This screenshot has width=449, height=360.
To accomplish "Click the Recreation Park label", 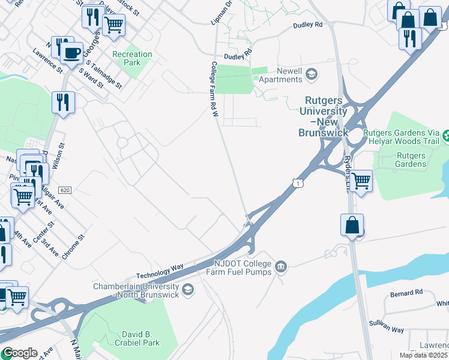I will (x=132, y=58).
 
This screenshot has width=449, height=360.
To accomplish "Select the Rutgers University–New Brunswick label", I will (x=323, y=116).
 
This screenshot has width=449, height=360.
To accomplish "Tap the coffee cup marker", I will (x=71, y=53).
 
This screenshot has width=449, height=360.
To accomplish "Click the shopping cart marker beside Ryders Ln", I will (x=360, y=181).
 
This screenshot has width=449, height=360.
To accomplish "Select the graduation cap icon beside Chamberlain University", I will (x=188, y=290).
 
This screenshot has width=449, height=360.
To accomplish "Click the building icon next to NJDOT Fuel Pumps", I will (x=280, y=266).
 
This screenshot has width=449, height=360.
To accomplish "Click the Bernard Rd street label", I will (x=406, y=293).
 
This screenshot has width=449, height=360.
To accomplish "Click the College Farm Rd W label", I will (x=213, y=89).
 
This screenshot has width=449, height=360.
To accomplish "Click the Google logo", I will (x=19, y=353).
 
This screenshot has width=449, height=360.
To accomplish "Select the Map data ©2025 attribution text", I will (x=423, y=355).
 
